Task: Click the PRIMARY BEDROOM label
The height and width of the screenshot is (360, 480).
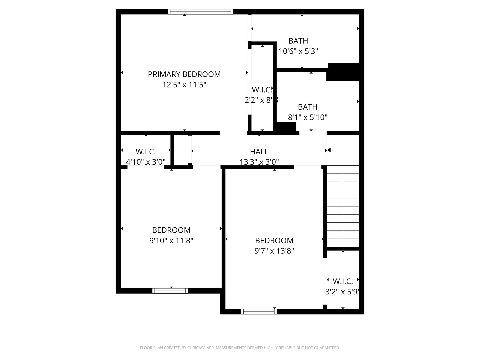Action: point(184,74)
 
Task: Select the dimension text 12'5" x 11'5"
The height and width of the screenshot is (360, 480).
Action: point(184,85)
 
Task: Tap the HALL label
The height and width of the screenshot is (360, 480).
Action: point(259,152)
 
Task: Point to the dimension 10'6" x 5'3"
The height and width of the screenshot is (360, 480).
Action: point(298,51)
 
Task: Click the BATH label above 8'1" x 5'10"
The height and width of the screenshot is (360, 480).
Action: point(307,107)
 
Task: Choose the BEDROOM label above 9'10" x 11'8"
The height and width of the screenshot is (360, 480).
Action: point(171,230)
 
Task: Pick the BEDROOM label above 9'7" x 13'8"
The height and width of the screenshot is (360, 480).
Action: point(274,240)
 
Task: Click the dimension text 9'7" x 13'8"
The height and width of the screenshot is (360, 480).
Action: point(274,251)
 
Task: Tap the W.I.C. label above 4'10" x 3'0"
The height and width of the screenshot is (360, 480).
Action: point(146,152)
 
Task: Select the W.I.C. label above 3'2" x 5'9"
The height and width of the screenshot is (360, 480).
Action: point(343,281)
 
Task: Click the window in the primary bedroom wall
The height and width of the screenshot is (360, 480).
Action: point(200,12)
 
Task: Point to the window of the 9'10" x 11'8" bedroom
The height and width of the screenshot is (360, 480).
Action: point(170,291)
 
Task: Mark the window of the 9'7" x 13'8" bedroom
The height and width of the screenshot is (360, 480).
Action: point(259,312)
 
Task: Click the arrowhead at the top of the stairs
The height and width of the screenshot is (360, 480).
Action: point(329,150)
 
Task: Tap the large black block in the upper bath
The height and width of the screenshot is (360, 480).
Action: point(343,72)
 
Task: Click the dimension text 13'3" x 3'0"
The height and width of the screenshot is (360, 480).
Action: point(259,162)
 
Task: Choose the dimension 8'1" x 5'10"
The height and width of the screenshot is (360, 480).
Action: point(307,117)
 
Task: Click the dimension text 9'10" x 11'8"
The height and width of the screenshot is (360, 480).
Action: point(171,240)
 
